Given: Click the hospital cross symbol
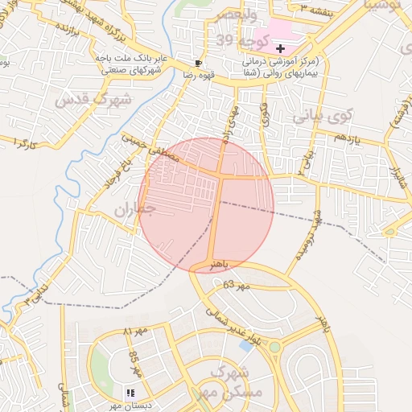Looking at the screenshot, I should (279, 49).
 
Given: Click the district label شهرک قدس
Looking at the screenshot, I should (80, 101).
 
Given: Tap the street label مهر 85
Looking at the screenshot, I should (134, 365).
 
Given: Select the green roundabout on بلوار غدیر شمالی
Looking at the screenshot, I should (274, 348).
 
